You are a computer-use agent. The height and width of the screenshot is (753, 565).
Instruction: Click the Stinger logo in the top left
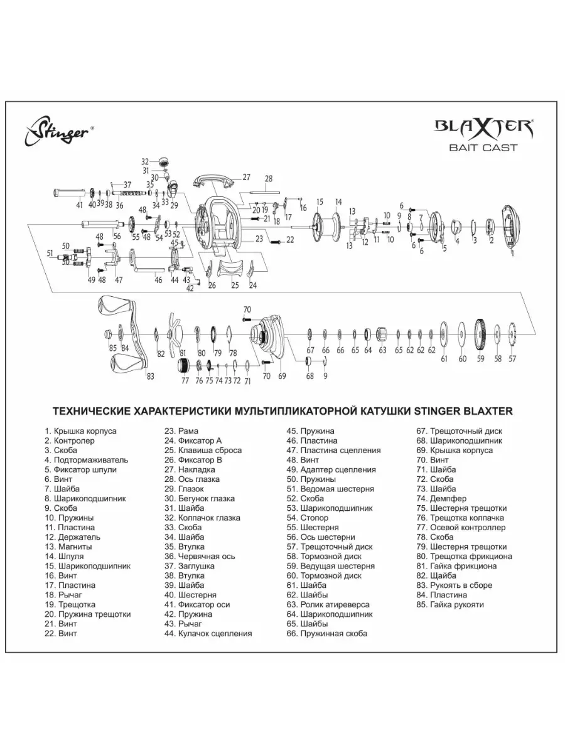point(58,132)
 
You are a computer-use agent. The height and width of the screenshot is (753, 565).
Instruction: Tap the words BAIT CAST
point(483,147)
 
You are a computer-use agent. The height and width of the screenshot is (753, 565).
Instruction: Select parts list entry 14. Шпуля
point(64,556)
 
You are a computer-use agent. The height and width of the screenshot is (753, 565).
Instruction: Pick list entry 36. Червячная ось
point(200,556)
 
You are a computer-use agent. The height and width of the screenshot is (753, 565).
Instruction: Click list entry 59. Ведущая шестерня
point(330,566)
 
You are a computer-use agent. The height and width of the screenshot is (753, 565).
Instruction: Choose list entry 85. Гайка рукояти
point(450,604)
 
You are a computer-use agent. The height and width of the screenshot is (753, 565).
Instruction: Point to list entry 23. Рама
point(181,431)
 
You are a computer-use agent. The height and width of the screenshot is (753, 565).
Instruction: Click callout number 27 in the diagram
point(246,177)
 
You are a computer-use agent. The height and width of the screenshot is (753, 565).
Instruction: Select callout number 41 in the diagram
point(79,205)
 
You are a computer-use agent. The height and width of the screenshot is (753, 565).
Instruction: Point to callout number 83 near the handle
point(150,376)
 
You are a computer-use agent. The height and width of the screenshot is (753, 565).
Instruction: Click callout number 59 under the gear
point(481,358)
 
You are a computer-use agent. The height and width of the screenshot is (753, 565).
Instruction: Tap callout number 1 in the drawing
point(512,254)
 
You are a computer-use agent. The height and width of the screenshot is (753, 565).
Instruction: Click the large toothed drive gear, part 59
point(481,333)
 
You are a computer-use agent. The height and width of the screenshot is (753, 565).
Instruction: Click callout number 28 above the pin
point(269,178)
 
